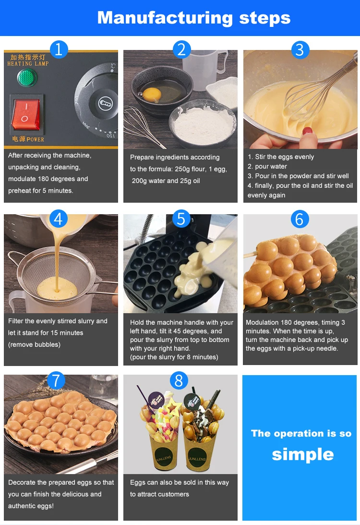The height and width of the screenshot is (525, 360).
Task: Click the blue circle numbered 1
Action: click(x=59, y=49)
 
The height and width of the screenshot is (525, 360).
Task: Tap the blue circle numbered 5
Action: click(x=180, y=219)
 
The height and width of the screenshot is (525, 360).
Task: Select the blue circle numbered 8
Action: click(x=179, y=380)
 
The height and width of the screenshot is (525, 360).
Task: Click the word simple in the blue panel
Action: click(x=302, y=454)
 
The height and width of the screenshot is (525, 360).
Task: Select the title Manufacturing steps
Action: click(x=193, y=18)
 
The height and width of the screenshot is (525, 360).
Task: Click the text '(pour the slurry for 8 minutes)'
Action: click(x=174, y=357)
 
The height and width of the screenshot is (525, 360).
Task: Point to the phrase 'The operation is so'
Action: click(x=301, y=433)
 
